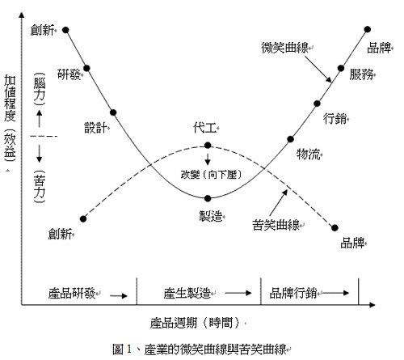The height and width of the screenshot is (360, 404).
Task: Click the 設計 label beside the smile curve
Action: (96, 127)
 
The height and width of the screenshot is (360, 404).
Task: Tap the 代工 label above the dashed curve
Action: (205, 128)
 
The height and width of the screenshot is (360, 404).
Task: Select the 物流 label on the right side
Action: (309, 155)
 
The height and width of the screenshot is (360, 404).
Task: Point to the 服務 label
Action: (361, 74)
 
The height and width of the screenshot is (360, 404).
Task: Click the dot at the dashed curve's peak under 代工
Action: (208, 146)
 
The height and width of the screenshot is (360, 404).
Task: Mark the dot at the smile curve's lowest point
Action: (208, 198)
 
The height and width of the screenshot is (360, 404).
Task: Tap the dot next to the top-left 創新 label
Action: (65, 30)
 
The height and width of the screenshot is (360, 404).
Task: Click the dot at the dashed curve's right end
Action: (335, 228)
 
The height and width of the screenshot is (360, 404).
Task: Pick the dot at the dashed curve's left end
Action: (83, 219)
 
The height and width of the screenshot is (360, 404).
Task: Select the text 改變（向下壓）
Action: (211, 175)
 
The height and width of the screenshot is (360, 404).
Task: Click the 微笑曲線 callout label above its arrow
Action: (285, 48)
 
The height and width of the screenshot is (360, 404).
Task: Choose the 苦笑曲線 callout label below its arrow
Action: (276, 225)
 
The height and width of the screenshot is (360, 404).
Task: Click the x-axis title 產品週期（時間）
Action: (195, 322)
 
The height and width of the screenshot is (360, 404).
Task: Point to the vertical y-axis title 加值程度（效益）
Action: (10, 118)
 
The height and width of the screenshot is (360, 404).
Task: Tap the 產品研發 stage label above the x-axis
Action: (72, 293)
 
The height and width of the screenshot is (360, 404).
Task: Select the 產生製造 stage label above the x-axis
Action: (187, 293)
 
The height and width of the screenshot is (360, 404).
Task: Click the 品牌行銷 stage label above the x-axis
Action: (293, 293)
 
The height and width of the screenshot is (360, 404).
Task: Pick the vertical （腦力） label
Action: (40, 89)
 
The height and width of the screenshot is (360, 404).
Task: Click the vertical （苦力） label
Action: (40, 186)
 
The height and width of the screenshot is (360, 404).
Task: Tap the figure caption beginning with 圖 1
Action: (200, 349)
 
